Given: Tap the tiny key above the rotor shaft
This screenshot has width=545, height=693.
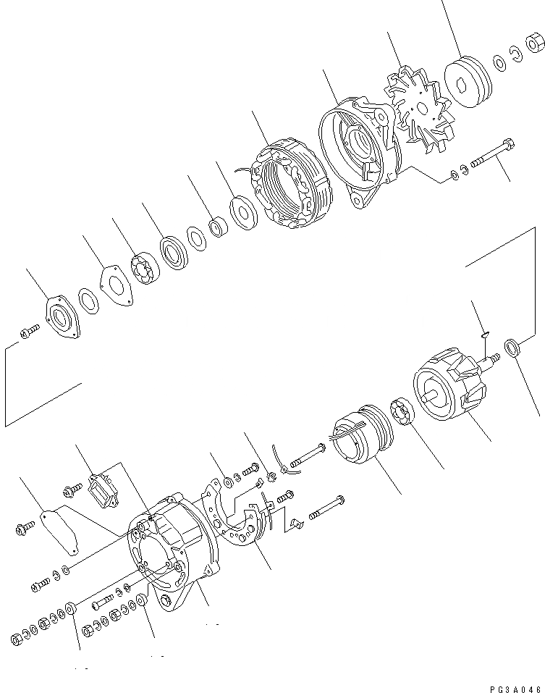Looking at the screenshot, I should point(486,334).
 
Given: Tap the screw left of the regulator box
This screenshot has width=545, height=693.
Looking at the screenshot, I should point(72,492).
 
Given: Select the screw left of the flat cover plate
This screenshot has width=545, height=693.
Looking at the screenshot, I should point(22,526).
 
